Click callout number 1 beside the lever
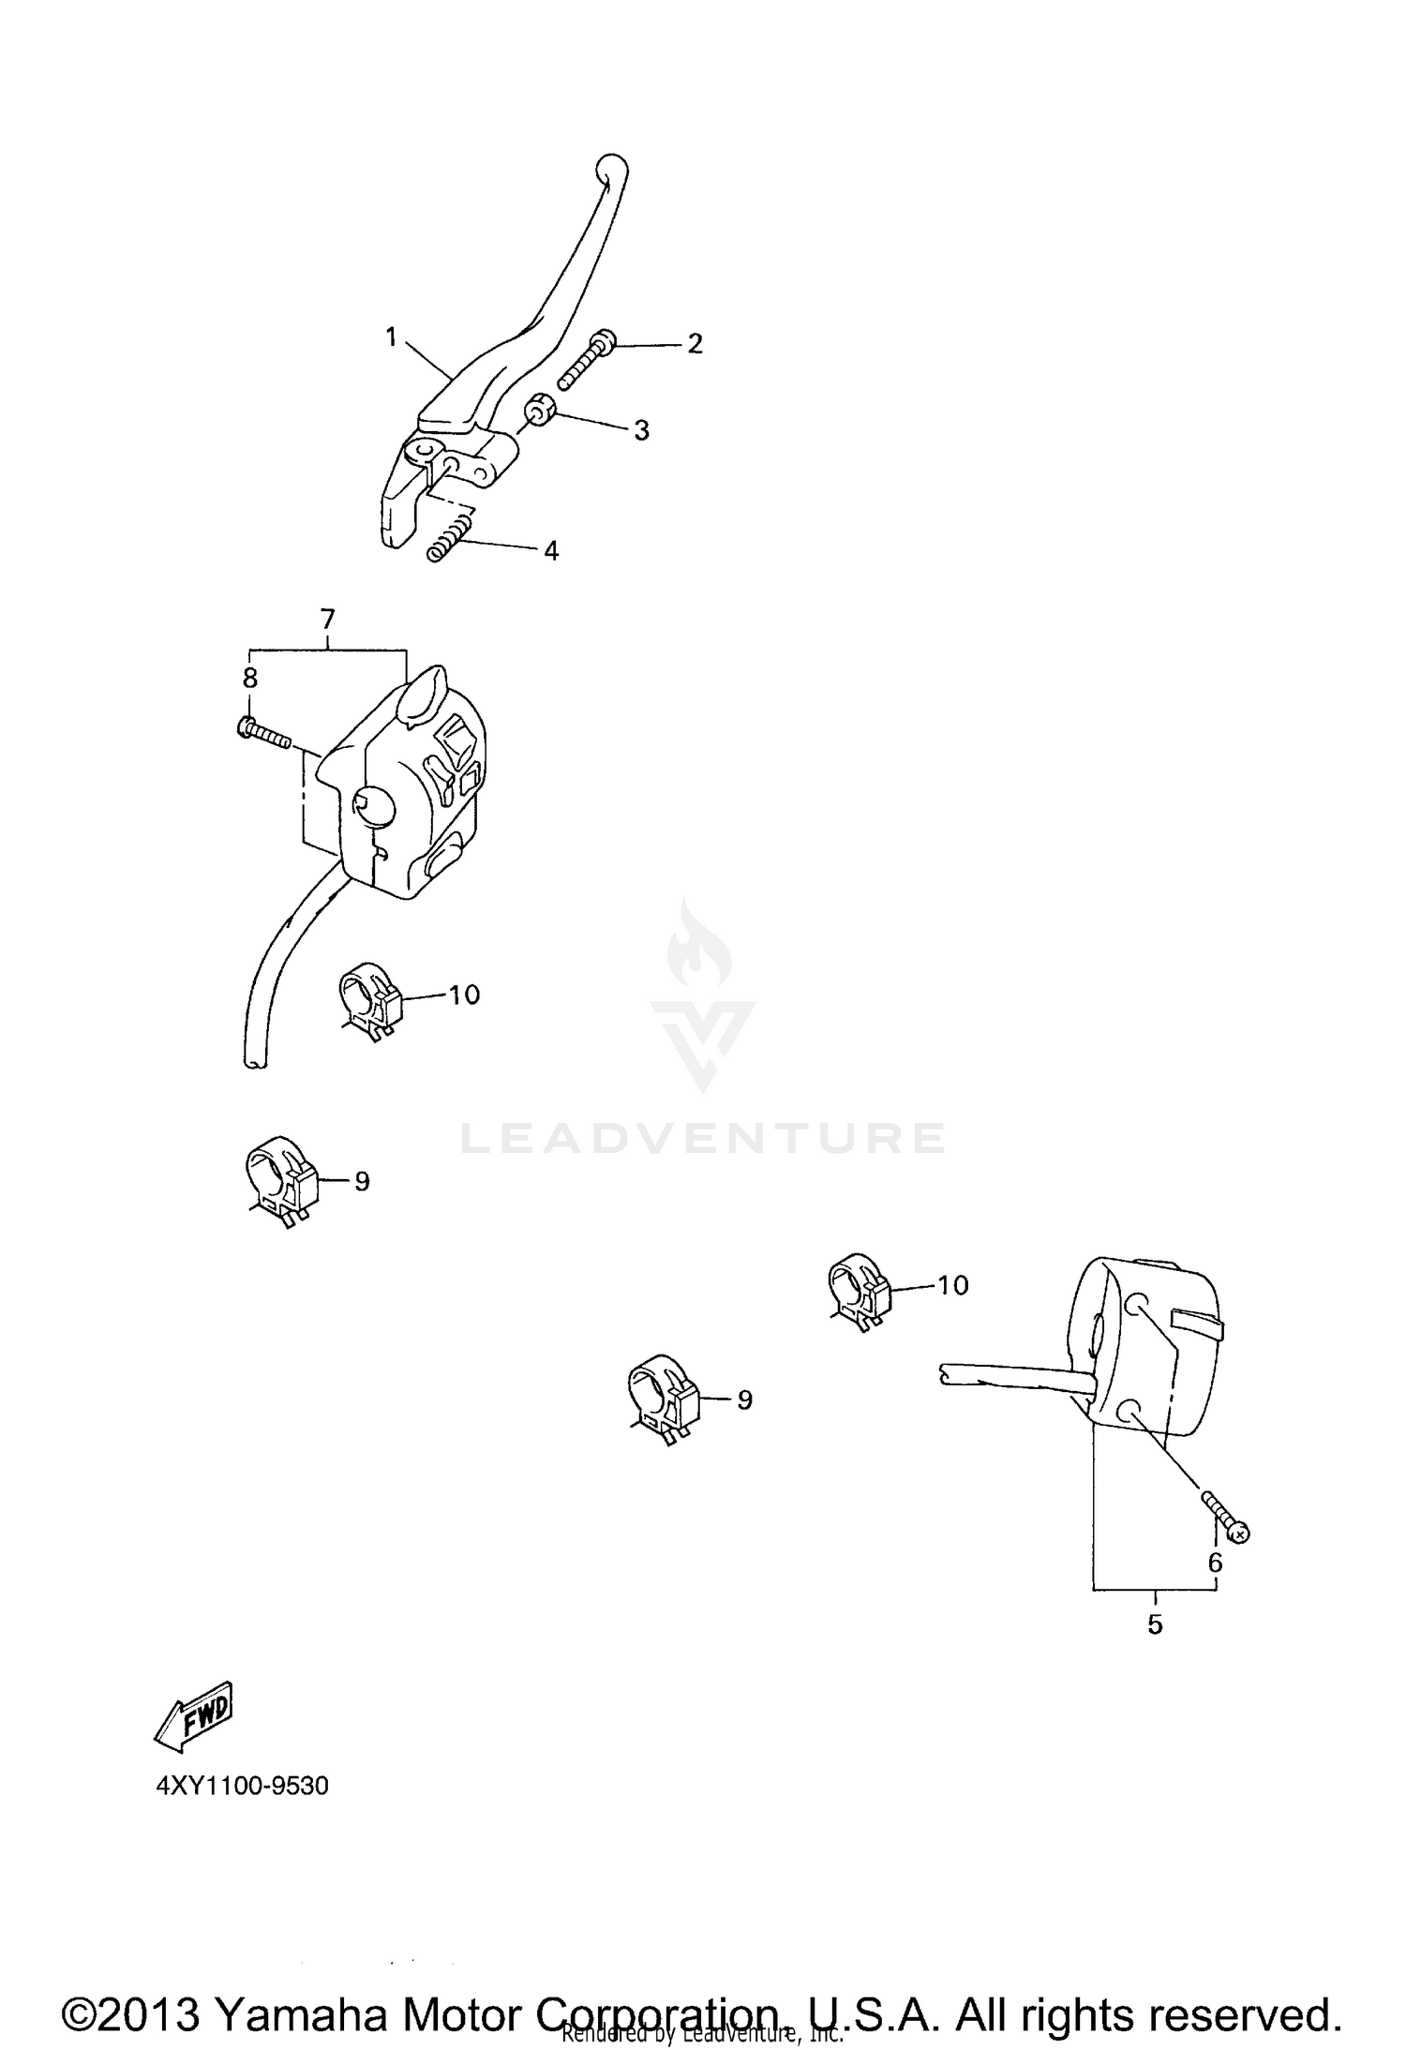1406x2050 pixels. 392,337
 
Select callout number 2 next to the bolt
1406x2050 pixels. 695,344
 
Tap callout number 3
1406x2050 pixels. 641,430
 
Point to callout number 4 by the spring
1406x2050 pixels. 551,551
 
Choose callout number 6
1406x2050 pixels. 1215,1563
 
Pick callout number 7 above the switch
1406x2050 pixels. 327,619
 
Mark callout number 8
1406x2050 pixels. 250,678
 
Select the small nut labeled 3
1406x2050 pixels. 541,411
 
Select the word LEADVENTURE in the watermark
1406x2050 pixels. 702,1138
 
